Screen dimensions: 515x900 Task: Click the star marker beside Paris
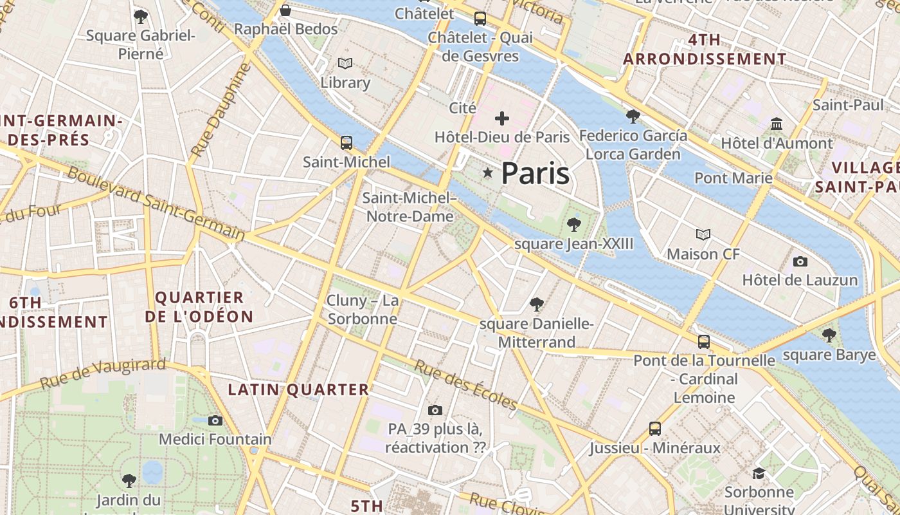488,173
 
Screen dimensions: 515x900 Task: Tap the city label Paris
535,174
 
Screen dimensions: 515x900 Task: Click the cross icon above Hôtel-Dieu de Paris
501,118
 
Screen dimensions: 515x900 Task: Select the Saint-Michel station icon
346,142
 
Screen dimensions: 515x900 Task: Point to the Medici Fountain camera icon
215,420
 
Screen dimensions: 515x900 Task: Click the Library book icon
345,63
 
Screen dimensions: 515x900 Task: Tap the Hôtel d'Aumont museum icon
776,124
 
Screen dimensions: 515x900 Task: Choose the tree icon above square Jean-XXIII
573,225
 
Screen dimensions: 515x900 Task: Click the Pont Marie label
733,178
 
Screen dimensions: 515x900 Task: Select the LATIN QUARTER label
298,389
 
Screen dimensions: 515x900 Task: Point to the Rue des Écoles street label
465,385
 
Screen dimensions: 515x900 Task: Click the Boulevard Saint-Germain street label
156,203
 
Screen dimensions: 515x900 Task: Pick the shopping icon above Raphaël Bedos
285,10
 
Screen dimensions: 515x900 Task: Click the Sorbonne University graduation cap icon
759,474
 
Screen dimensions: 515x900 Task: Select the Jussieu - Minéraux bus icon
654,428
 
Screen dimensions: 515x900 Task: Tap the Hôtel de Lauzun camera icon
800,261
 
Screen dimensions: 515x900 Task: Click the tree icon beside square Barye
829,335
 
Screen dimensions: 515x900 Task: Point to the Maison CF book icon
703,235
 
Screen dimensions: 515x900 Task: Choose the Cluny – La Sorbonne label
363,310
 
